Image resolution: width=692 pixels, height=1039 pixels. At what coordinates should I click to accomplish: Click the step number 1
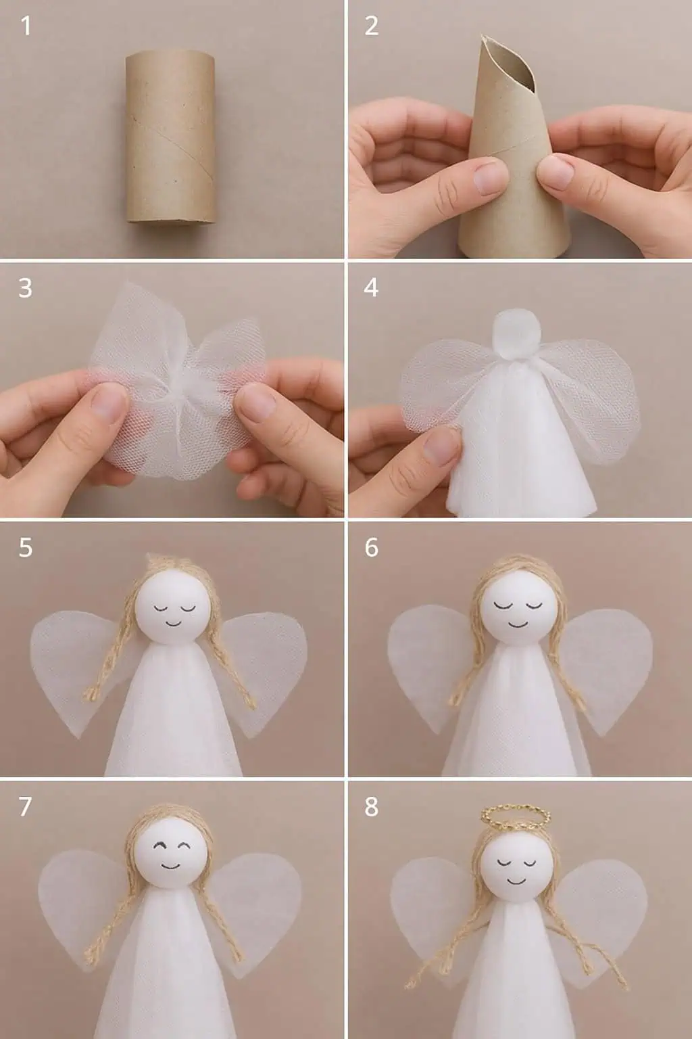(26, 26)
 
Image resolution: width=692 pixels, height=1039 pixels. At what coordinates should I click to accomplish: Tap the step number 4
(371, 288)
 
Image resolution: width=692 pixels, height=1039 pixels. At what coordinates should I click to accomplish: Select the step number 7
(25, 806)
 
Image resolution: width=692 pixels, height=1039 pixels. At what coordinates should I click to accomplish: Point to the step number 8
(371, 806)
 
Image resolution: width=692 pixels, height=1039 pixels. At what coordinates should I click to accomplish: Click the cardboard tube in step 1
(171, 138)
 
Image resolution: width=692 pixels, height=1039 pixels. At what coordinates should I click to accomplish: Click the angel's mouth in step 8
(515, 880)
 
